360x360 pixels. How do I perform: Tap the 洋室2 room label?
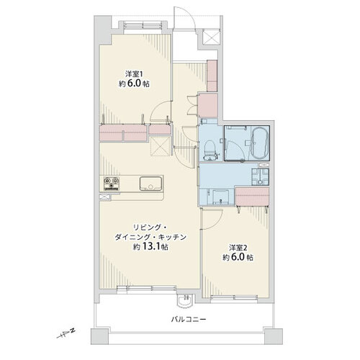pos(238,247)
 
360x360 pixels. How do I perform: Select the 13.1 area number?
pos(151,246)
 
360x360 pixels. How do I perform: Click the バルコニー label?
pos(189,320)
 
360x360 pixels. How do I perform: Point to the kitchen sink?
pos(150,184)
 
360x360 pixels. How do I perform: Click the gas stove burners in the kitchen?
pos(112,184)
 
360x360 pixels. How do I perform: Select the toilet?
pos(210,150)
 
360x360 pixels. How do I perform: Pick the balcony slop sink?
pos(185,301)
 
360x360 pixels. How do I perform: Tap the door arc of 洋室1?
pos(160,111)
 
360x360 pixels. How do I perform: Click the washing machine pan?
pos(260,176)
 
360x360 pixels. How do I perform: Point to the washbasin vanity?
pos(219,197)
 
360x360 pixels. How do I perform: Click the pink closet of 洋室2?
pos(252,197)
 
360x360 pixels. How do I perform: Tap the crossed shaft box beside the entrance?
pos(211,37)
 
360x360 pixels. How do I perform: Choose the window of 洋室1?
pos(143,24)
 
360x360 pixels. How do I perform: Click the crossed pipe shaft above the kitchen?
pos(160,147)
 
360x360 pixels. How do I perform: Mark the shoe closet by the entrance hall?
pos(212,76)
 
